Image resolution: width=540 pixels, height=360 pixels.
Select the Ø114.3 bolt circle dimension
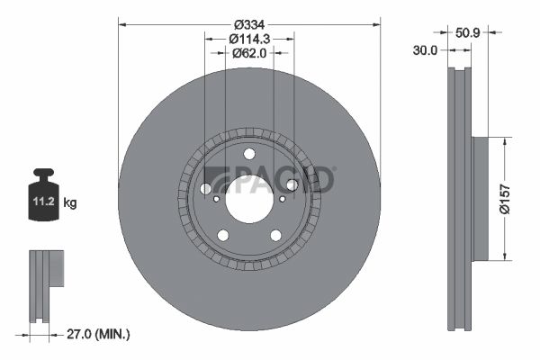coord(249,39)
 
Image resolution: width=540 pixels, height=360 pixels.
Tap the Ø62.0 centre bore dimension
coord(249,53)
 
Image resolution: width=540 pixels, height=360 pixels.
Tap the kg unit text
coord(70,203)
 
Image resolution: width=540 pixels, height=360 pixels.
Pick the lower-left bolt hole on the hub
coord(223,235)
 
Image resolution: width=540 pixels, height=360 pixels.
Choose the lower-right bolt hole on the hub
coord(275,235)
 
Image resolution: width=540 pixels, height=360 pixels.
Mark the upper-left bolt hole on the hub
coord(206,188)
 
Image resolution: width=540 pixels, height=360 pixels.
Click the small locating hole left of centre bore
coord(216,199)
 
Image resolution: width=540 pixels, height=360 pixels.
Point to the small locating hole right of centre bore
coord(283,199)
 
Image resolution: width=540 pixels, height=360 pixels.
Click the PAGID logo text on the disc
coord(270,179)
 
